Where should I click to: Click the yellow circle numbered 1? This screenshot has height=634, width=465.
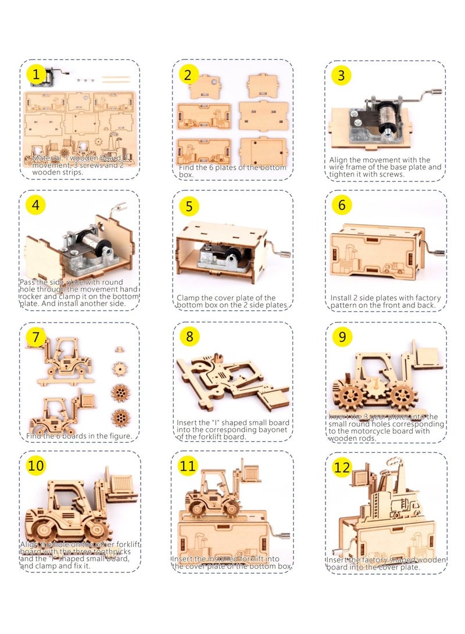click(37, 74)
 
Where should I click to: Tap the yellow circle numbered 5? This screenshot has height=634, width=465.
click(189, 206)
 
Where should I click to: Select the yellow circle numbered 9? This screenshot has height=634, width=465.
click(342, 337)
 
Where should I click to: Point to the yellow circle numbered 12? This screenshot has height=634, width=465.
click(342, 467)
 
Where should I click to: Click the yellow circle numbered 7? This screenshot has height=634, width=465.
click(36, 336)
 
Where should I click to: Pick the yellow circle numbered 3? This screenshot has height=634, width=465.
click(341, 76)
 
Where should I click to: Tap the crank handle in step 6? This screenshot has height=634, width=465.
click(437, 252)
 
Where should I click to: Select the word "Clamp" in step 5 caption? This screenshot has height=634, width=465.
click(189, 298)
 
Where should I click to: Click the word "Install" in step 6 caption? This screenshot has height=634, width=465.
click(342, 298)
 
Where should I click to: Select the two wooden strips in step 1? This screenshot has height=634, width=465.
click(117, 78)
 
